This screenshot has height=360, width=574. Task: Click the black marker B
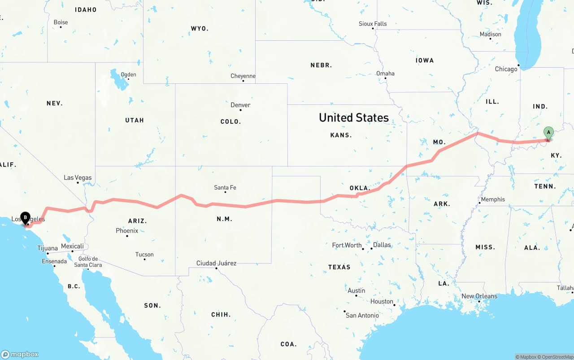point(26,217)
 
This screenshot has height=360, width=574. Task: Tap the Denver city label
point(240,105)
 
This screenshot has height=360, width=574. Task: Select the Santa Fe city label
point(225,187)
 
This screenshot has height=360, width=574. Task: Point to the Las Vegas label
point(78,178)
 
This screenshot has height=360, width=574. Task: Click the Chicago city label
point(506,69)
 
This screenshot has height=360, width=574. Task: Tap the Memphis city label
point(493,200)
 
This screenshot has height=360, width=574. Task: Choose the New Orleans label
point(479,296)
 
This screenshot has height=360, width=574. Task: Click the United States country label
point(354,117)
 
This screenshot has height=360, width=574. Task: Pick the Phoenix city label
point(127,230)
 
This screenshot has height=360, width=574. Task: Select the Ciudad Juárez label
point(216,263)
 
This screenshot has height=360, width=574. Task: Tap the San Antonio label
point(362,316)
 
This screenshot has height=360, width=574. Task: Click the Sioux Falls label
point(373,24)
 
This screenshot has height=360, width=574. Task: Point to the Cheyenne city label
point(243,76)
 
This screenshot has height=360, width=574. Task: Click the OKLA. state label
point(360,188)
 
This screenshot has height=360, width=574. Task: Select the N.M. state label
point(224,219)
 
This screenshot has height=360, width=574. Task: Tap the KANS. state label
point(341,135)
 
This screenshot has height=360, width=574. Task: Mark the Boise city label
point(61,22)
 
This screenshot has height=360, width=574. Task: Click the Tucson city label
point(144,255)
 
